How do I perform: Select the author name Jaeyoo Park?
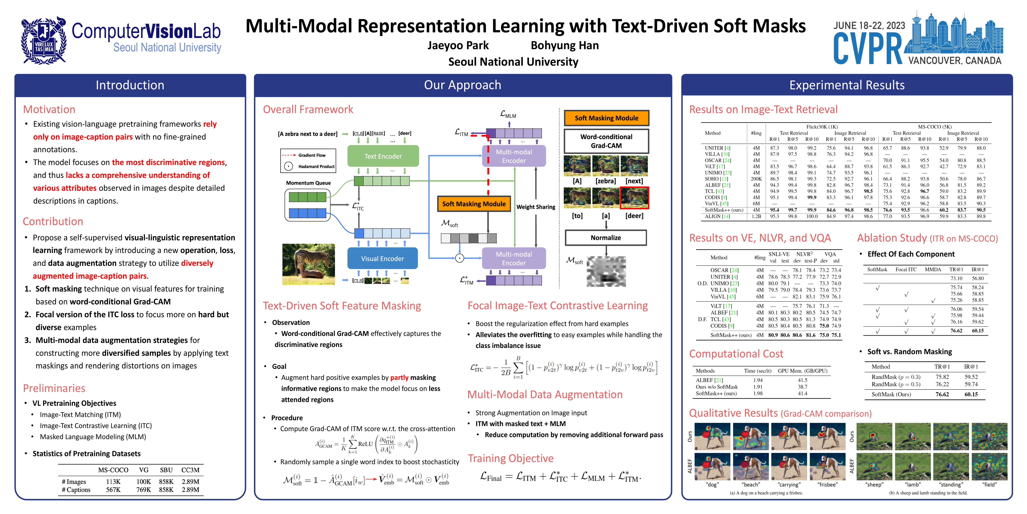[x=458, y=46]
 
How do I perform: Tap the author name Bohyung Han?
[x=564, y=46]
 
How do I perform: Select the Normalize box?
[x=606, y=238]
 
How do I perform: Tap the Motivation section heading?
[x=49, y=109]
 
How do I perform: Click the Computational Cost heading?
[x=736, y=354]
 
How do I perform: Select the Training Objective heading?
[x=510, y=458]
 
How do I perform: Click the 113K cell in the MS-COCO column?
[x=113, y=482]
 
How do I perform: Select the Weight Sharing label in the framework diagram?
[x=535, y=207]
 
